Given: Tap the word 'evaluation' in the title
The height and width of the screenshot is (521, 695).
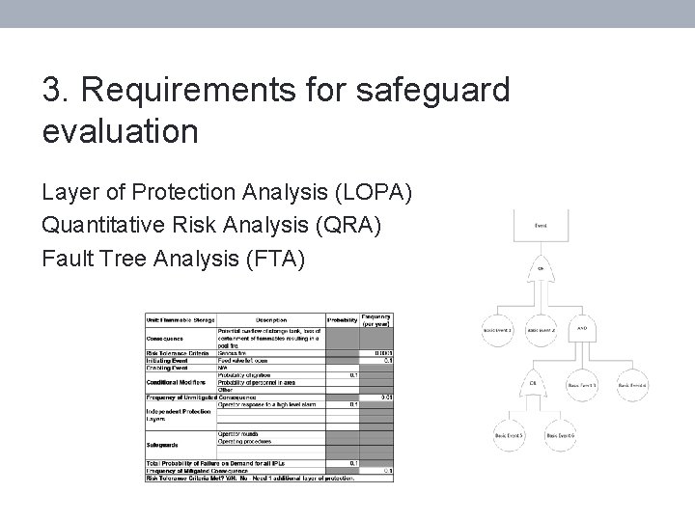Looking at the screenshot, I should [120, 131].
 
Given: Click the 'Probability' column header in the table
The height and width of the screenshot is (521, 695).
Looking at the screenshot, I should [342, 319].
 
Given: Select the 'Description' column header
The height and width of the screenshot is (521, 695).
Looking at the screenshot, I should [271, 319].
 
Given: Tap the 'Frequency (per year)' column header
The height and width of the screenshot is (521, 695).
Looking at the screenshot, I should [376, 319].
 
